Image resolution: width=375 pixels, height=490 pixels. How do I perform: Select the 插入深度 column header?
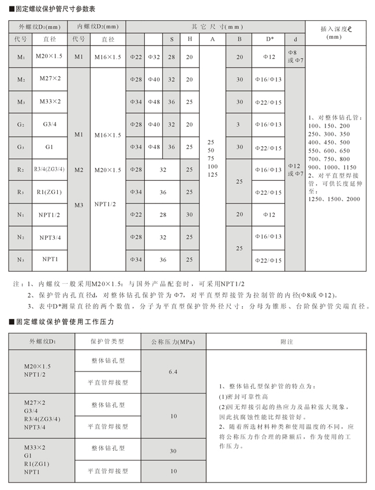(335, 32)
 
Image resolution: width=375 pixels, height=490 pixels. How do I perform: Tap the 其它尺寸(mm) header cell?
(217, 27)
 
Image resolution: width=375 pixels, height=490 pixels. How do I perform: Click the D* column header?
(269, 39)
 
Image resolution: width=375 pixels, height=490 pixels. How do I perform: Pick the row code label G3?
(21, 147)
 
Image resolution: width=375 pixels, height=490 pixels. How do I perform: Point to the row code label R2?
(21, 169)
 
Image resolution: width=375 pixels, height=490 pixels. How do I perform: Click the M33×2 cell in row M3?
(50, 101)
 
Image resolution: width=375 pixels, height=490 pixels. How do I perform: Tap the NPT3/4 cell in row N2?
(50, 237)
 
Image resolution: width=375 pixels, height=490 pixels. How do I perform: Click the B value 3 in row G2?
(239, 124)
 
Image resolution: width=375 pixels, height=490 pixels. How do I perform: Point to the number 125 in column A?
(212, 175)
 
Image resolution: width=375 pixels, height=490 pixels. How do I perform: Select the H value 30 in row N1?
(190, 214)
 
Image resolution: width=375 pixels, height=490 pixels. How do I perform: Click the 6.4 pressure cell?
(173, 372)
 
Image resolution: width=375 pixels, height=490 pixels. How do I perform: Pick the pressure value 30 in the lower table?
(173, 451)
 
